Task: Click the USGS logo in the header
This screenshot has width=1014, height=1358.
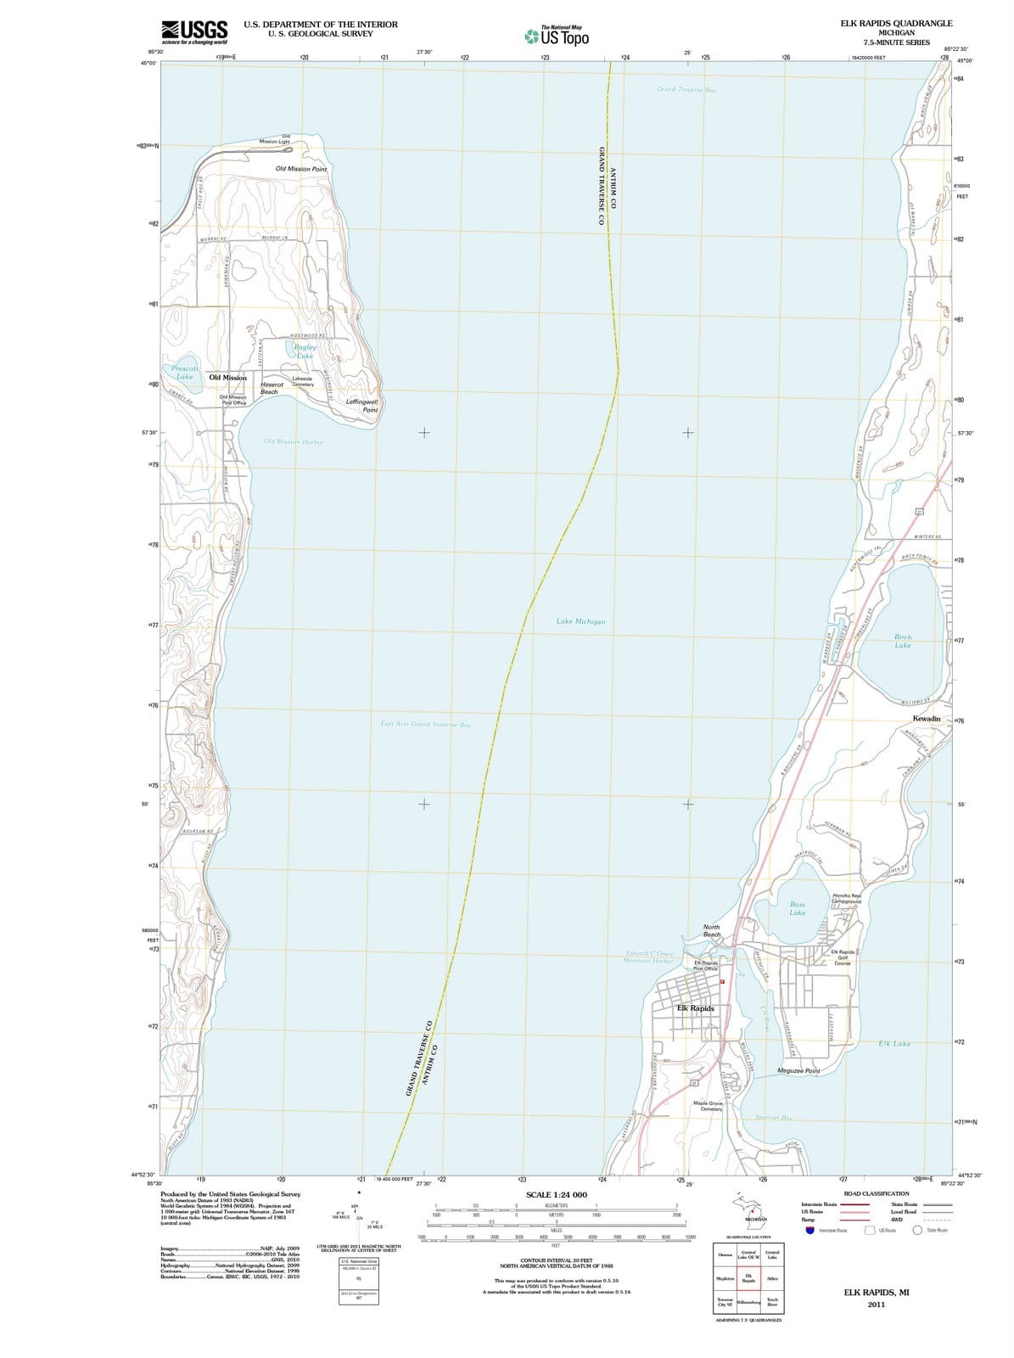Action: point(194,31)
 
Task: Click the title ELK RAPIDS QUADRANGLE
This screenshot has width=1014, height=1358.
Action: point(896,24)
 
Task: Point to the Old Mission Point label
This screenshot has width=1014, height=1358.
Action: point(301,169)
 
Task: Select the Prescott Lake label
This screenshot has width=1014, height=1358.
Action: point(185,373)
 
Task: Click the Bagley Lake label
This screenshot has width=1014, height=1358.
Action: point(305,351)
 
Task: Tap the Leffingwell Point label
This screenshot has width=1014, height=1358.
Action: point(363,406)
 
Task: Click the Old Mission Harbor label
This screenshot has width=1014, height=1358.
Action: point(293,442)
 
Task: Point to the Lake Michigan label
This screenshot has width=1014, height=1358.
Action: point(580,622)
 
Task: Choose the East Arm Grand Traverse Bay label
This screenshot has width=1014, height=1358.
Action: point(425,724)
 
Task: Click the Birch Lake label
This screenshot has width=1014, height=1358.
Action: point(903,641)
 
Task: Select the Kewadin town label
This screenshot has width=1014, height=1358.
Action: point(927,719)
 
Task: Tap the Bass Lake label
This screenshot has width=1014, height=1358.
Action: point(798,909)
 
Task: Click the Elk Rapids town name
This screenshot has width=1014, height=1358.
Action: point(696,1008)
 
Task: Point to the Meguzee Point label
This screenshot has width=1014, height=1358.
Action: point(798,1071)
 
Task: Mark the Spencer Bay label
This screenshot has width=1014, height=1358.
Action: point(773,1118)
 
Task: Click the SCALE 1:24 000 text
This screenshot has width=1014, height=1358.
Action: point(557,1194)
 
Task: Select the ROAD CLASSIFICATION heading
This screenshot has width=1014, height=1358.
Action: point(876,1193)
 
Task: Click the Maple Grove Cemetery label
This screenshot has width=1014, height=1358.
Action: point(708,1107)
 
